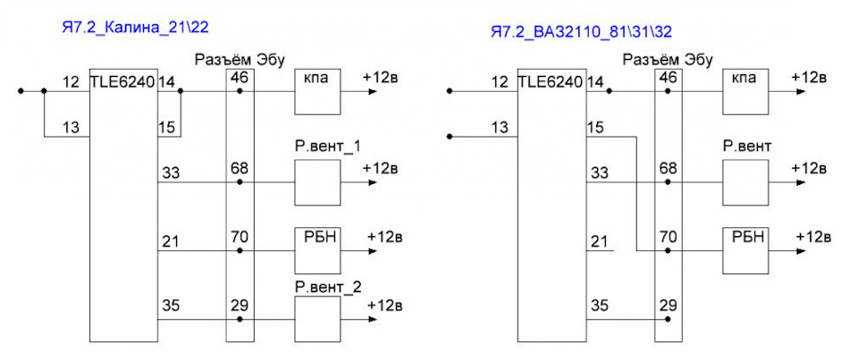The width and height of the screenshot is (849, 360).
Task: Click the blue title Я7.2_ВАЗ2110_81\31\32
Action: pos(581,32)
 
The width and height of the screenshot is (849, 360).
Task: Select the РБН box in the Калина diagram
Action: pos(316,250)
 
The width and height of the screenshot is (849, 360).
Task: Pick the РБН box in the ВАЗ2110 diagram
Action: pos(745,250)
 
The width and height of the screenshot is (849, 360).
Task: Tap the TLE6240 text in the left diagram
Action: pos(122,82)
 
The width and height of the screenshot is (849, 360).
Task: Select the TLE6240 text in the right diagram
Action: pos(550,82)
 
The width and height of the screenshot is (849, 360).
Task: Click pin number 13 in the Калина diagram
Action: pos(71,127)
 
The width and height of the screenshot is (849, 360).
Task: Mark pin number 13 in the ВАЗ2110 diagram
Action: pos(500,127)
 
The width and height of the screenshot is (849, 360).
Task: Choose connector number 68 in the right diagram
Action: pos(668,167)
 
